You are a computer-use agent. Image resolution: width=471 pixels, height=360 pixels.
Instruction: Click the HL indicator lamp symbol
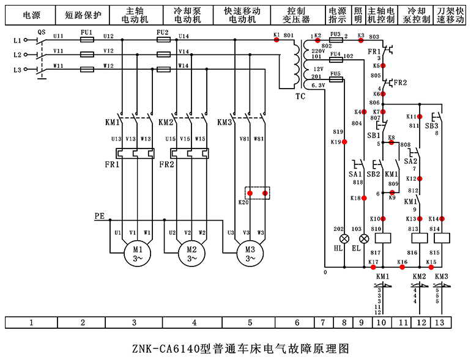(x=344, y=238)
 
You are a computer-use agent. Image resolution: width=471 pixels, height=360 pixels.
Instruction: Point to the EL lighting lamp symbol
(x=364, y=238)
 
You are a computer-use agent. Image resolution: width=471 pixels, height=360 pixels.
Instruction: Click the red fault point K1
(x=276, y=39)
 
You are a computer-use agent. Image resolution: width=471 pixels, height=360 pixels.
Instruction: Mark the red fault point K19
(x=344, y=142)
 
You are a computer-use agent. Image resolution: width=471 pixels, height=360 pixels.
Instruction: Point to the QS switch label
(x=42, y=31)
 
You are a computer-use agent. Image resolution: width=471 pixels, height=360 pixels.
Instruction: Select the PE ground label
(x=100, y=216)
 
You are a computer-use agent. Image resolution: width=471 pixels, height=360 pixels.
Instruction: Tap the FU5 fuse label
(x=335, y=73)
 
